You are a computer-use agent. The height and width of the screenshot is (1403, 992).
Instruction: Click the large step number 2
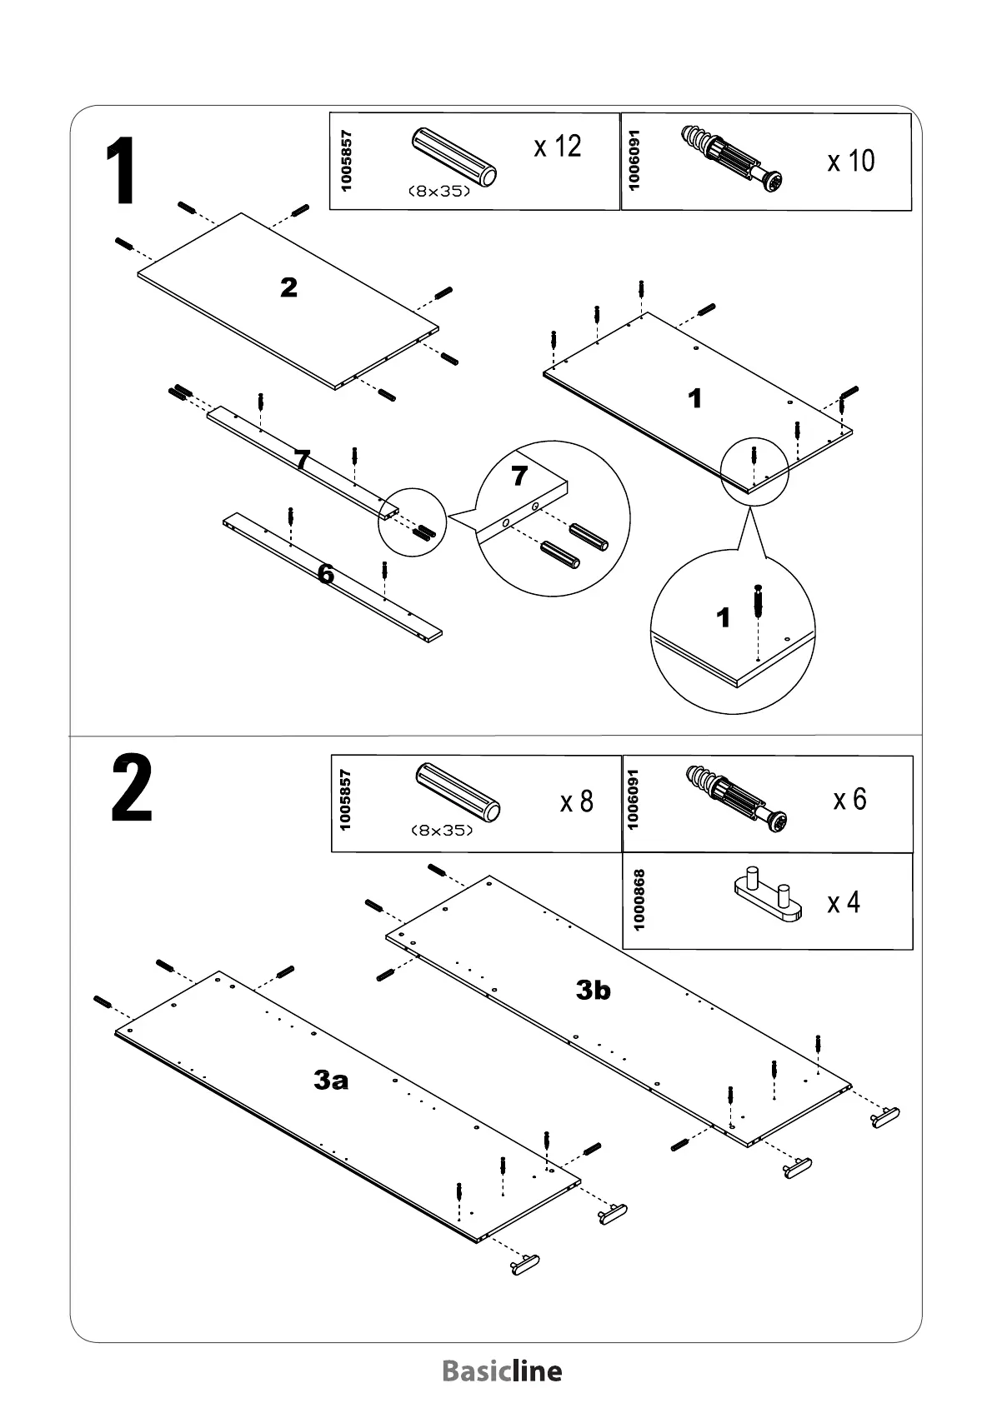click(132, 789)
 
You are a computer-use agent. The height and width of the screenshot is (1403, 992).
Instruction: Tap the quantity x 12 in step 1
click(557, 147)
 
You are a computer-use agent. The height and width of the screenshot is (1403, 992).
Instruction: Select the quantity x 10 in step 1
click(850, 160)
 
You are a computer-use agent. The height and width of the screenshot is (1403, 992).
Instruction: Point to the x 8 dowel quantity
click(576, 801)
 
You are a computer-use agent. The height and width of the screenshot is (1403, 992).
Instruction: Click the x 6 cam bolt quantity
click(849, 799)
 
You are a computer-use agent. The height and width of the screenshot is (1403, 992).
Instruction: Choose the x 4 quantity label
click(844, 902)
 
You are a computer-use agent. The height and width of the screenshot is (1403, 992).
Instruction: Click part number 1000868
click(639, 900)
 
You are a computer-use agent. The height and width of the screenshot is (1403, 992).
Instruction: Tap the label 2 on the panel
click(288, 288)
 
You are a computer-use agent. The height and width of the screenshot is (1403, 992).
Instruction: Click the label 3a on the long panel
click(331, 1081)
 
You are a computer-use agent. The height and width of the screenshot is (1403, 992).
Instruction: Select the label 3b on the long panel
click(594, 990)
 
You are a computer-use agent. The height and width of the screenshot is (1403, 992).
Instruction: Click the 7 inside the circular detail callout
click(519, 476)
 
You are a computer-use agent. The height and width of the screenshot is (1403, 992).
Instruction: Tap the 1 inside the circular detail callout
click(723, 617)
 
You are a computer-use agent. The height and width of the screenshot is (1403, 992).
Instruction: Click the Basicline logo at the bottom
click(502, 1371)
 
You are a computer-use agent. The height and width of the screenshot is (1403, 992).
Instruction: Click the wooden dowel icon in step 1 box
click(455, 159)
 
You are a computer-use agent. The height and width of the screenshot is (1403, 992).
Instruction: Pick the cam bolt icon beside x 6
click(736, 798)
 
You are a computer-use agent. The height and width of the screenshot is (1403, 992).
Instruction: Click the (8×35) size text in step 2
click(442, 831)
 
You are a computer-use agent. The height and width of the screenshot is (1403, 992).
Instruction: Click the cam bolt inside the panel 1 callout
click(757, 602)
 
